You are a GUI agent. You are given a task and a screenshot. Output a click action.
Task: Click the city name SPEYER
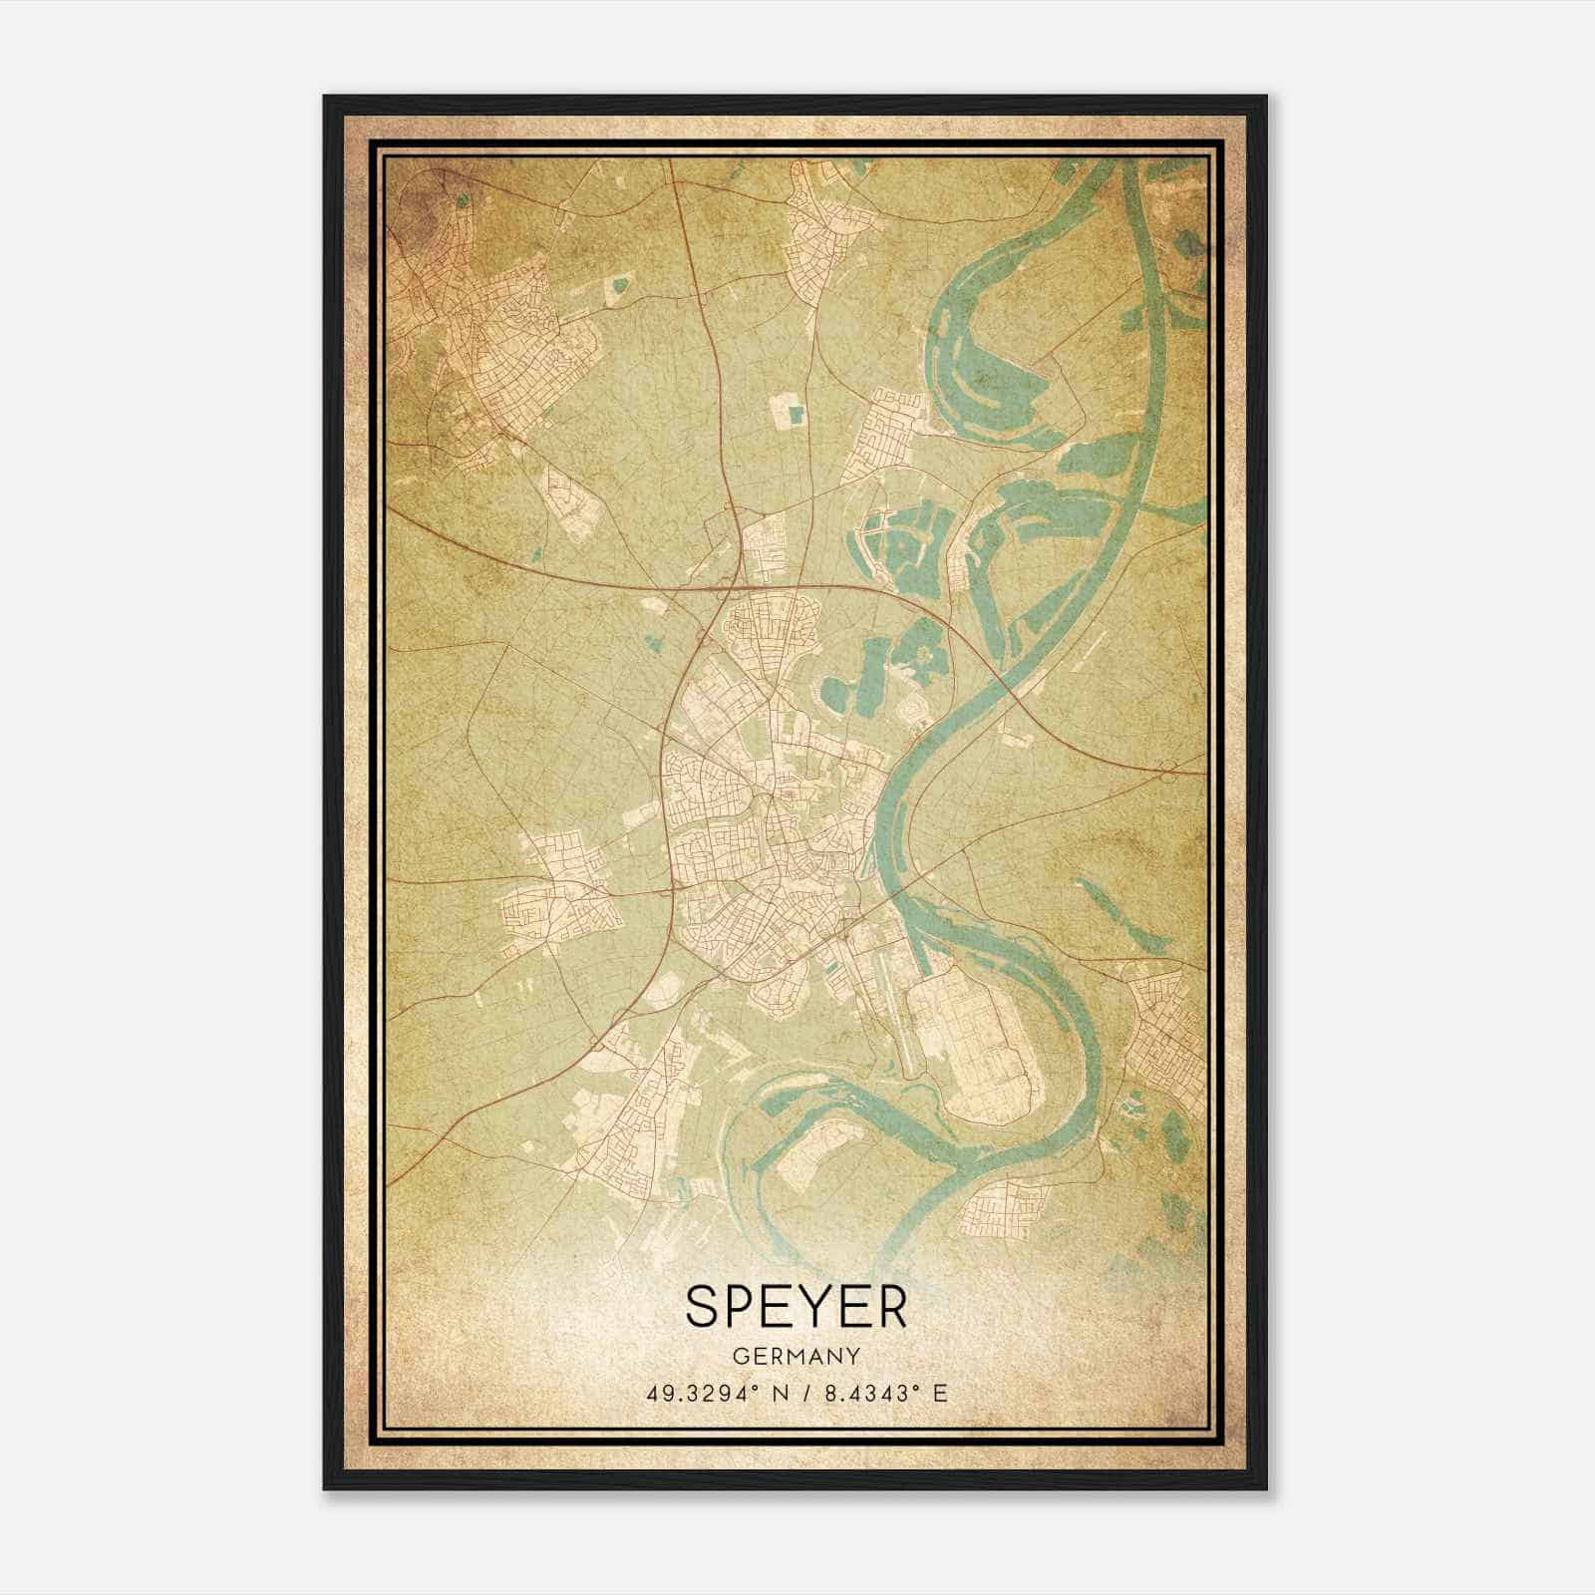[x=797, y=1306]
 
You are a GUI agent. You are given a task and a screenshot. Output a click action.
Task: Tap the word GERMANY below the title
[x=797, y=1357]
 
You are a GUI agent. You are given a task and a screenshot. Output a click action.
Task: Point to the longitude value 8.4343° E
[x=882, y=1393]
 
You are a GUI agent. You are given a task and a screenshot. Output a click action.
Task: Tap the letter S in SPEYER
[x=704, y=1306]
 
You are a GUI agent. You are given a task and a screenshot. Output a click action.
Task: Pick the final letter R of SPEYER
[x=890, y=1306]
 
